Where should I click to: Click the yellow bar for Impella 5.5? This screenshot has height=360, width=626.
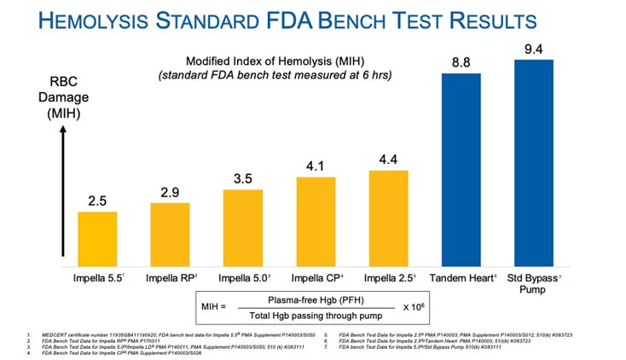97,239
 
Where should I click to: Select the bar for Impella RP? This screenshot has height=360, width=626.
170,235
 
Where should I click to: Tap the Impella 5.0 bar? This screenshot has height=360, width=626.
243,228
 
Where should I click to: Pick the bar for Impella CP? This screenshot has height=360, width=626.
316,221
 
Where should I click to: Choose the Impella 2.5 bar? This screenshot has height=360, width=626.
388,218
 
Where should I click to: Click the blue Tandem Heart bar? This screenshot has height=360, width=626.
461,170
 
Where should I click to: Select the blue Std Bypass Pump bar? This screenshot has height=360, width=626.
534,163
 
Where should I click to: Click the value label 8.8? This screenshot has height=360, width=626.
461,61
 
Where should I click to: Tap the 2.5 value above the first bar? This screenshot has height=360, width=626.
97,200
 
